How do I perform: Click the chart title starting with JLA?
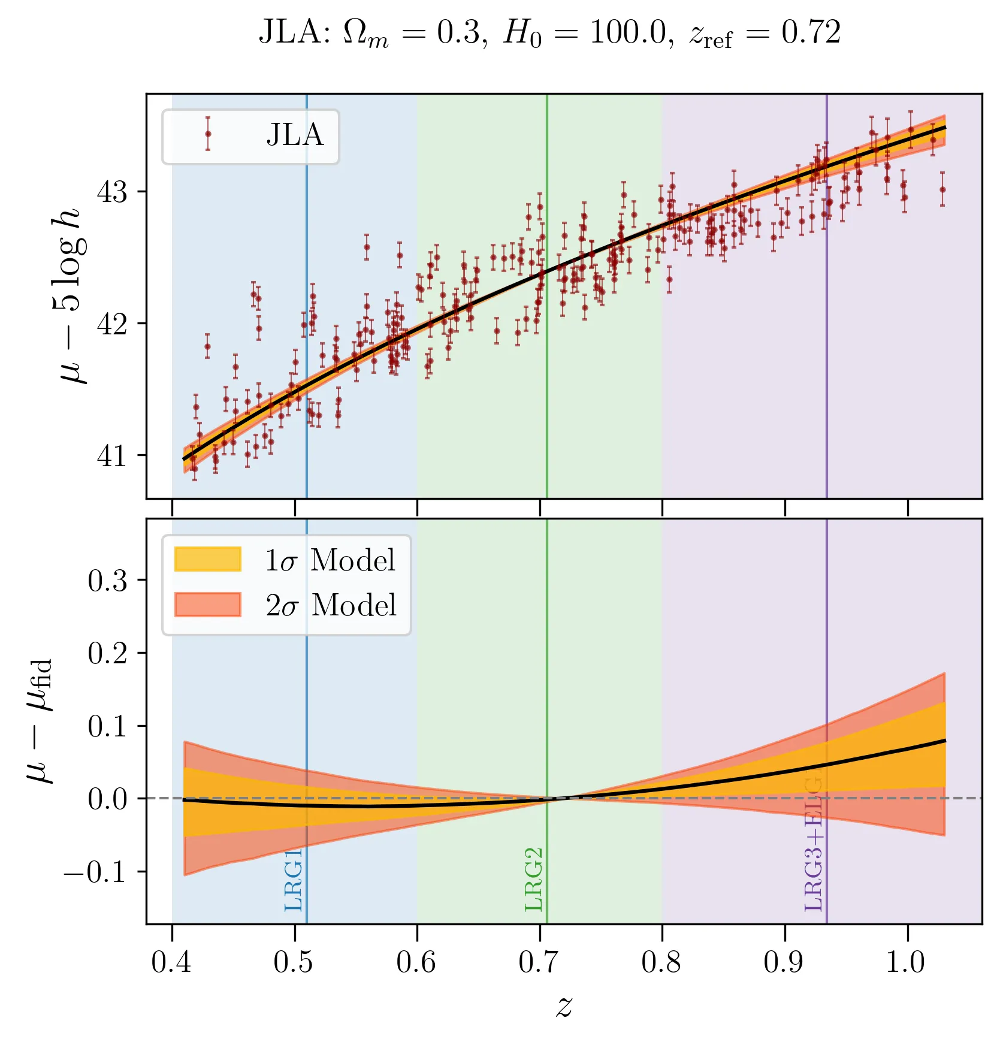549,33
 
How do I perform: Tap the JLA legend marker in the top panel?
208,134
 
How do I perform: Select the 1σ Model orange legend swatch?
207,559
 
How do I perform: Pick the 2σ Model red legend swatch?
207,605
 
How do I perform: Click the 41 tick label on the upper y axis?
112,455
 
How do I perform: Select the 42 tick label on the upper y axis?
112,324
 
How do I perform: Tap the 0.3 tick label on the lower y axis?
107,580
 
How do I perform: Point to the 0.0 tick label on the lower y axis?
107,799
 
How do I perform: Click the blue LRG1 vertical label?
294,880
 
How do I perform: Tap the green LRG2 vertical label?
533,880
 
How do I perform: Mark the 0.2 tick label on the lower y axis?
107,653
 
